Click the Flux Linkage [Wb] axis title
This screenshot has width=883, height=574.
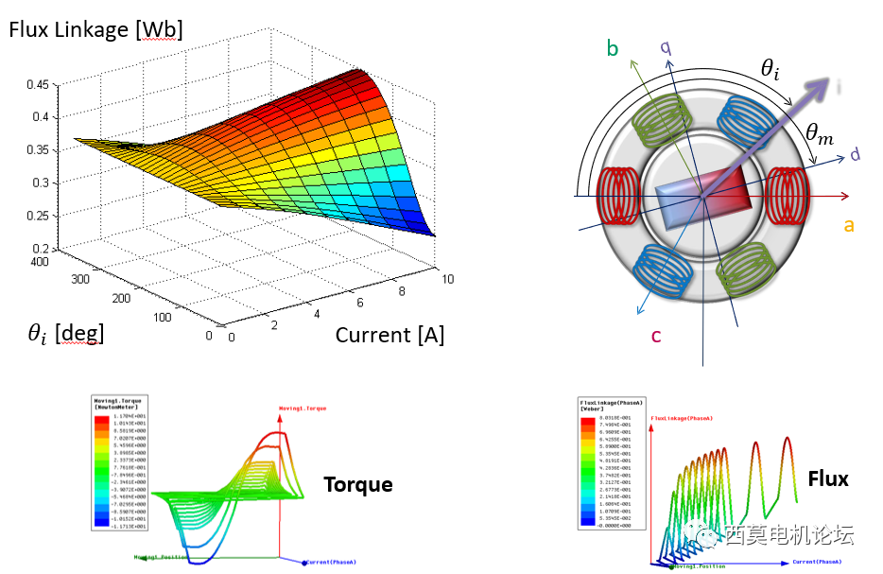[x=95, y=29]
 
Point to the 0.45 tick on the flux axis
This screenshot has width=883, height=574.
[x=38, y=84]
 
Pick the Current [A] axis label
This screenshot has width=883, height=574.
[x=390, y=334]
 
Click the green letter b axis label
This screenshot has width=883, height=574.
[x=613, y=48]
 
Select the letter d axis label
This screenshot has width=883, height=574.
[x=855, y=153]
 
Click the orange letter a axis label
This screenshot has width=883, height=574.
[x=848, y=224]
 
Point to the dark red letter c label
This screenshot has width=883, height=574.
[x=655, y=335]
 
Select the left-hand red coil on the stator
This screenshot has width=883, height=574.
[x=615, y=197]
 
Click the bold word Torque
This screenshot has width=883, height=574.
[x=358, y=484]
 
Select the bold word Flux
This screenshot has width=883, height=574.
[x=827, y=479]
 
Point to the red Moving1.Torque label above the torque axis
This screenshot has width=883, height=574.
[x=303, y=409]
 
